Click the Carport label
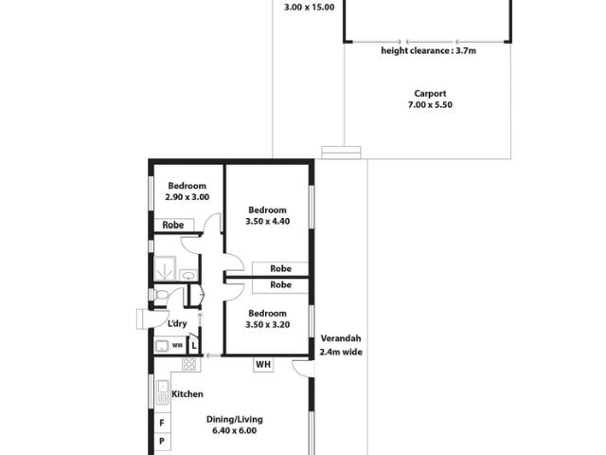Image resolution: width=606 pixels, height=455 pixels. click(x=430, y=94)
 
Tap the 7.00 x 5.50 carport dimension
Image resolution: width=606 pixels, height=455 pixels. click(x=430, y=105)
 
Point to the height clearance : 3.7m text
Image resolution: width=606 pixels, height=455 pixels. click(x=428, y=50)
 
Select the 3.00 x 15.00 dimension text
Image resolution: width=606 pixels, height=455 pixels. click(x=310, y=7)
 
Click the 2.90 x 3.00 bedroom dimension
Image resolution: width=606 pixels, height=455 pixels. click(x=187, y=197)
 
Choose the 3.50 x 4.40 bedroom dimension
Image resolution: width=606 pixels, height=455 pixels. click(x=267, y=221)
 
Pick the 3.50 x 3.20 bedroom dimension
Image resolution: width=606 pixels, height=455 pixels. click(x=267, y=324)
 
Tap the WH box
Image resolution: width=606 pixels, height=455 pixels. click(x=263, y=364)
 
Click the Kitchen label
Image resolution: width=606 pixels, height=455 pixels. click(x=187, y=394)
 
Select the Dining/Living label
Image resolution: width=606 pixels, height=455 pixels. click(x=234, y=419)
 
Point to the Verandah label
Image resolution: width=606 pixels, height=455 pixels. click(x=341, y=338)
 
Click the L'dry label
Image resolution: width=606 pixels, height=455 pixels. click(x=177, y=323)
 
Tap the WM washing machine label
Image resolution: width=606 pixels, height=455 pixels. click(x=177, y=345)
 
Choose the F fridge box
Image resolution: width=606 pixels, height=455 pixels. click(x=162, y=423)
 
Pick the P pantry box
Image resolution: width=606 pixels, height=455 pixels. click(x=162, y=441)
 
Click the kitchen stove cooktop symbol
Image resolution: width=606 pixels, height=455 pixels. click(x=189, y=364)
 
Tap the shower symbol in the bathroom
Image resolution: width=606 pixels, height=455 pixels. click(x=165, y=268)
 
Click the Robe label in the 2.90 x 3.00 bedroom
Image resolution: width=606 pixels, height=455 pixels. click(x=172, y=226)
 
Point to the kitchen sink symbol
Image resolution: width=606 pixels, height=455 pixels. click(x=163, y=392)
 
